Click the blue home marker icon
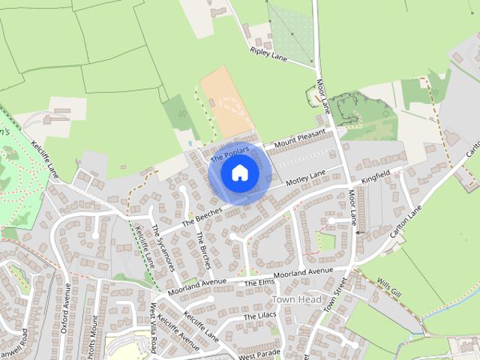(239, 172)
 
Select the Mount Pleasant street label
(300, 138)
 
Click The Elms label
(260, 282)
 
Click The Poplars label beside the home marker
(229, 154)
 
